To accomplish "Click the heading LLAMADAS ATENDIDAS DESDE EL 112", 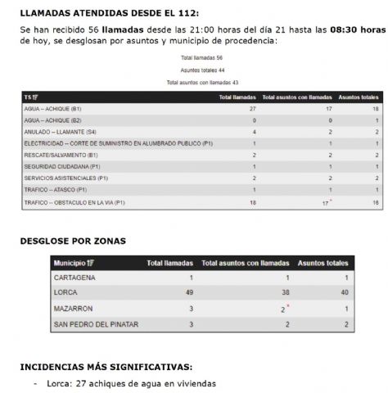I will coord(109,14).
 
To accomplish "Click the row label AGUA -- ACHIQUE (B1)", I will coord(53,108).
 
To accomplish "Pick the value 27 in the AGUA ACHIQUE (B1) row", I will coord(230,108).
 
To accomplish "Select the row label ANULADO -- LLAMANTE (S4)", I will coord(61,131).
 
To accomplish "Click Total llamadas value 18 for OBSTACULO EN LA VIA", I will coord(230,201).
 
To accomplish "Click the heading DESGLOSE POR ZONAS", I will coord(72,242).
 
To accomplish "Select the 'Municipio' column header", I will coord(73,264).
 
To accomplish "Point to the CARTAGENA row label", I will coord(75,278).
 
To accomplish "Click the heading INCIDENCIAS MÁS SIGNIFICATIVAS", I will coord(106,367).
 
